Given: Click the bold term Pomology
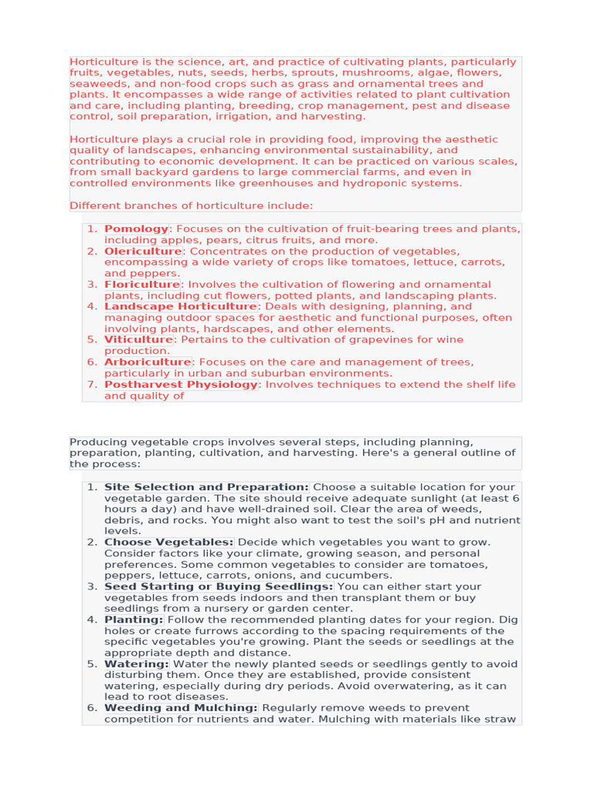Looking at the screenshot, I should [136, 229].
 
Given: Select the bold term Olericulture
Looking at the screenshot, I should [143, 251].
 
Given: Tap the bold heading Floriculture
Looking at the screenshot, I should [142, 284].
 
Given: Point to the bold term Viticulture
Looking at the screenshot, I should [139, 339].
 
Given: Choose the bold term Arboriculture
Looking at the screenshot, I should [148, 362].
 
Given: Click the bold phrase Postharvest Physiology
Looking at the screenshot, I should [181, 384].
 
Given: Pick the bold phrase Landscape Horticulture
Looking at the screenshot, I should [180, 306].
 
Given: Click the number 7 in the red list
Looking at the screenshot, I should [90, 384].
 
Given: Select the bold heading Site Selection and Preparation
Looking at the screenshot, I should [206, 487].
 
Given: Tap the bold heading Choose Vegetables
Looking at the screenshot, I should [169, 542].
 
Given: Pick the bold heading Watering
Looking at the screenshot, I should [136, 663].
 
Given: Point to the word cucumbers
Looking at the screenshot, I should [365, 575].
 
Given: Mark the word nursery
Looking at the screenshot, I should [231, 608].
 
